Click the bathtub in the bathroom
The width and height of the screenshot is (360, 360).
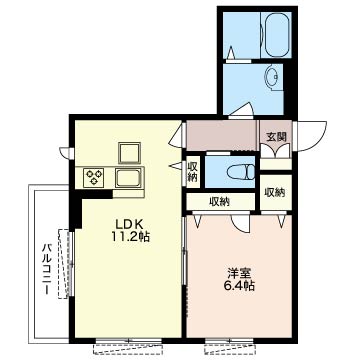click(x=276, y=35)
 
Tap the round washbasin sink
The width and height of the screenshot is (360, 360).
click(x=273, y=77)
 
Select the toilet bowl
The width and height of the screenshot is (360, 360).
click(x=241, y=172)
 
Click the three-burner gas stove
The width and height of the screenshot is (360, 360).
click(x=94, y=177)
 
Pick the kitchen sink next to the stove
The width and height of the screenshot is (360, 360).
click(x=128, y=177)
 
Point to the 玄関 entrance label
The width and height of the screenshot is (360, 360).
click(x=276, y=137)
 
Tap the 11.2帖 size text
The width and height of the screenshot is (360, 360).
click(x=130, y=237)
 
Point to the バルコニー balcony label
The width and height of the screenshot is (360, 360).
click(x=46, y=269)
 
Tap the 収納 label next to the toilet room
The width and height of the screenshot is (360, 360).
click(x=193, y=172)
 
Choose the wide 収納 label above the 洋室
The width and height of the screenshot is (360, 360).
click(x=219, y=202)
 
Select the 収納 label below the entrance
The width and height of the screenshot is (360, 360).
click(x=275, y=192)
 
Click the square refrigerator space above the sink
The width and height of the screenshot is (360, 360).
click(x=129, y=153)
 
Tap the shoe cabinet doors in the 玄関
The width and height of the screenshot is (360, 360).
click(x=275, y=151)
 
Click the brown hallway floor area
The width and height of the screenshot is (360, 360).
click(x=222, y=135)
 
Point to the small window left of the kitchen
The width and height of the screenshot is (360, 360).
click(x=67, y=153)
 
